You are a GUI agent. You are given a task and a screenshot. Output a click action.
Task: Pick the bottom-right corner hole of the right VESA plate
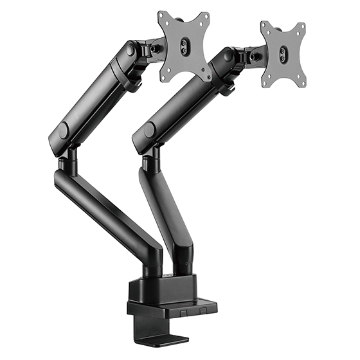[x=301, y=84]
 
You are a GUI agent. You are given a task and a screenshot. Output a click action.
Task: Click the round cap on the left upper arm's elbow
[x=62, y=130]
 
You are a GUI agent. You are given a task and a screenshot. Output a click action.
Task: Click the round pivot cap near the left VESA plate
[x=132, y=49]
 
